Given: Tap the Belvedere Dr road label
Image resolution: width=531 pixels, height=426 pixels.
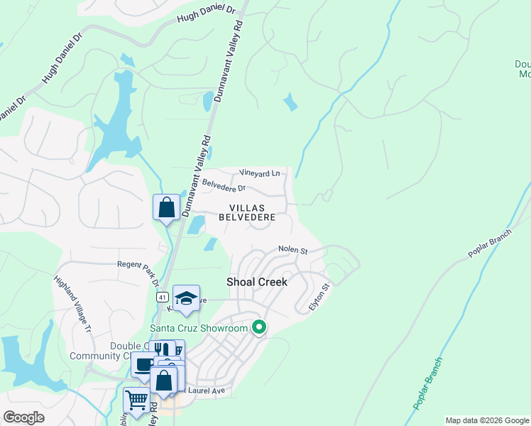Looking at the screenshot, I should click(x=224, y=185).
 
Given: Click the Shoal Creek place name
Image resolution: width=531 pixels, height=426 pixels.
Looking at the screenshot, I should click(x=257, y=282).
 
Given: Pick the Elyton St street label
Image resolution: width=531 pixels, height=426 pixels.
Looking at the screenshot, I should click(x=319, y=297).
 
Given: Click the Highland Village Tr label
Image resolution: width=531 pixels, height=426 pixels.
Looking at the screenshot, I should click(x=73, y=305).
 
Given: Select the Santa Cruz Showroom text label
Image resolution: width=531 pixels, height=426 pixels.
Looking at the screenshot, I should click(x=199, y=328).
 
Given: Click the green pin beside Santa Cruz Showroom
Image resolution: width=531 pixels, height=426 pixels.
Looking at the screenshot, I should click(x=259, y=327).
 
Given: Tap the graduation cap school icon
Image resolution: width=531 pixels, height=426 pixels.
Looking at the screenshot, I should click(x=186, y=298).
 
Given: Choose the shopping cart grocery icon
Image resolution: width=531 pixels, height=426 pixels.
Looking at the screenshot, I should click(x=136, y=400).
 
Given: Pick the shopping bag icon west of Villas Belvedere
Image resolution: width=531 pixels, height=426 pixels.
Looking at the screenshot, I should click(x=166, y=207).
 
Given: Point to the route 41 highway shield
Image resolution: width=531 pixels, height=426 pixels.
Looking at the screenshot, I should click(x=163, y=297).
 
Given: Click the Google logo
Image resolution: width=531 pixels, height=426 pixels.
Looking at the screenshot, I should click(x=24, y=417).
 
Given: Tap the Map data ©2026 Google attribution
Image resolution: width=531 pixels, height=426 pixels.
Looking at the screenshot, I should click(x=486, y=420).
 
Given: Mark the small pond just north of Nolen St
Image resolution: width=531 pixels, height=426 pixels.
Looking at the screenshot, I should click(x=210, y=244).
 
